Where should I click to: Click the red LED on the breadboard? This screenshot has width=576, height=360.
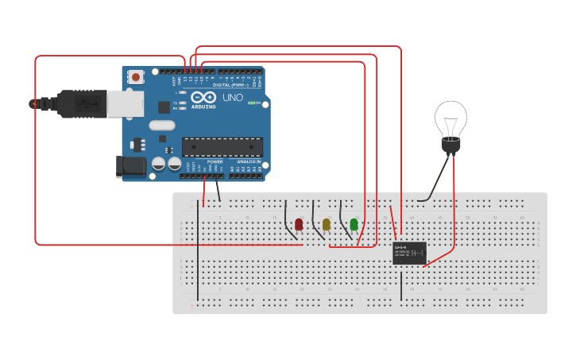tap(299, 225)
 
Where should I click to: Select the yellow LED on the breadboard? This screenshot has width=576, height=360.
tap(327, 225)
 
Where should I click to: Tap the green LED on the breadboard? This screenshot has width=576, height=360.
tap(354, 225)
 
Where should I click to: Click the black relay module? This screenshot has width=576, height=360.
tap(409, 253)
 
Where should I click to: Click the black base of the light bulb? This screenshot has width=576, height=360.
tap(450, 145)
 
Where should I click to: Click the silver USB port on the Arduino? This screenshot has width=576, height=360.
tap(126, 103)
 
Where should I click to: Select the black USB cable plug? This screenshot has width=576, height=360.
tap(79, 104)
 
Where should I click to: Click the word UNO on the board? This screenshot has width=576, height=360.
tap(232, 97)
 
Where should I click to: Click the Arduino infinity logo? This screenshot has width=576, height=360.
tap(203, 97)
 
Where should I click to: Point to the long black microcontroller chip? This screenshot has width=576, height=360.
tap(222, 147)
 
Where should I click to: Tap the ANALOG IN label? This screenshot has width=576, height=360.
tap(248, 161)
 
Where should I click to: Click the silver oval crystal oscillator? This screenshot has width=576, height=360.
tap(161, 125)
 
